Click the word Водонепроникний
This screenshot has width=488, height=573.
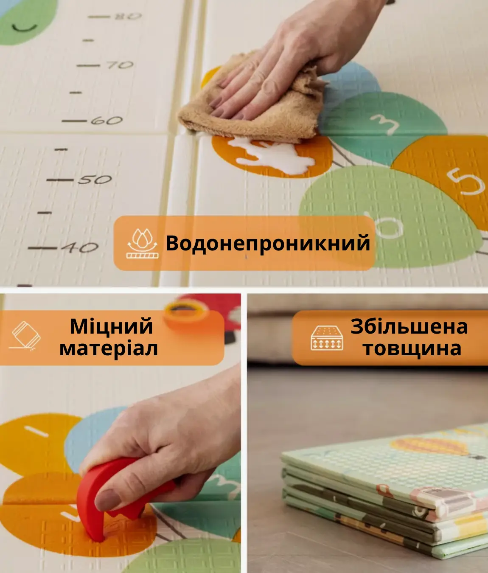click(268, 243)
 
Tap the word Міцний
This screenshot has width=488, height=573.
click(112, 326)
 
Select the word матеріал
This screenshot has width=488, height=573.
click(109, 348)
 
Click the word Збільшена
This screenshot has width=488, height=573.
click(409, 326)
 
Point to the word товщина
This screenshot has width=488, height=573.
click(412, 348)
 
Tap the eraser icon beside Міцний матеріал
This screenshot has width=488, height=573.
click(25, 336)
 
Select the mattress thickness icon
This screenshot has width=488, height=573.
click(327, 338)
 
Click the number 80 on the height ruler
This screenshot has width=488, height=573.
click(128, 17)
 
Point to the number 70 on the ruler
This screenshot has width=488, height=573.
click(120, 65)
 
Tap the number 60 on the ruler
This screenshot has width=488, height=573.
click(107, 121)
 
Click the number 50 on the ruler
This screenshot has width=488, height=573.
click(95, 180)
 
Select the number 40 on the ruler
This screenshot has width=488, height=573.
click(80, 247)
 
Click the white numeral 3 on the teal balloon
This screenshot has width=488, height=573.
click(384, 124)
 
